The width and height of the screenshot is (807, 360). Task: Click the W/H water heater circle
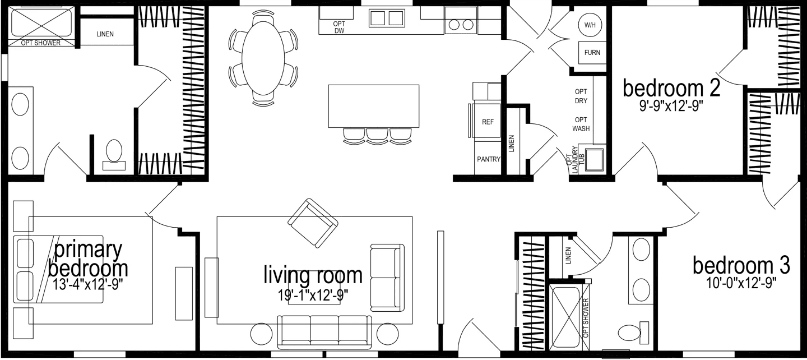[590, 25]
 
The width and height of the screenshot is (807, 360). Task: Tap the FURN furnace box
[592, 53]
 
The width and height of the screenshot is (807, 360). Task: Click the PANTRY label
[488, 159]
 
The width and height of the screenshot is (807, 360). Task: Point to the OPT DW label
[339, 27]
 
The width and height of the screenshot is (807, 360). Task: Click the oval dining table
[262, 58]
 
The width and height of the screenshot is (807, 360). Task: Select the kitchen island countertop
[373, 106]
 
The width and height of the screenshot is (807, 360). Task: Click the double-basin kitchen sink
[387, 19]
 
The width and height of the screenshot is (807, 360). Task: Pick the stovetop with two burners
[461, 25]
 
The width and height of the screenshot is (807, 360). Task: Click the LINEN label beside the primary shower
[105, 34]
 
